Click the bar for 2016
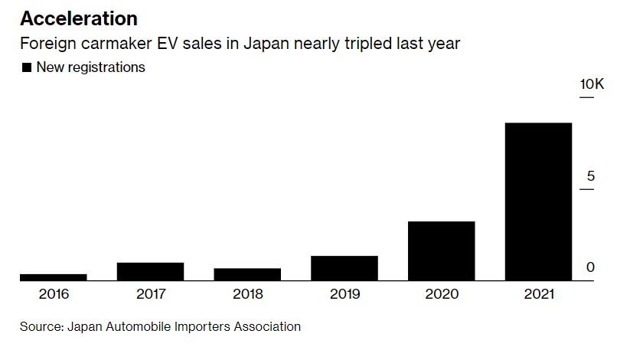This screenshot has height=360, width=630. click(x=53, y=277)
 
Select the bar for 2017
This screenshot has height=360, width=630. click(x=150, y=271)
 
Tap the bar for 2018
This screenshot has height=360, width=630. click(x=247, y=274)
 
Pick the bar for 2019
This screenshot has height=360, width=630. click(x=344, y=268)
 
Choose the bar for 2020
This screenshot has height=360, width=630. click(x=441, y=250)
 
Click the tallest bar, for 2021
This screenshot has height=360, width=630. click(x=538, y=201)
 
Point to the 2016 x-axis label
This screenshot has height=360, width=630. click(x=53, y=294)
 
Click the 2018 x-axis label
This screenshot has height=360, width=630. click(x=247, y=294)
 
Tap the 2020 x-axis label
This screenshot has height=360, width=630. click(x=441, y=294)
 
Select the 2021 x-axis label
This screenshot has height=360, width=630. click(x=538, y=294)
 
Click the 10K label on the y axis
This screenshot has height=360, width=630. click(x=592, y=84)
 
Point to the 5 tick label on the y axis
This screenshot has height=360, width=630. click(x=591, y=176)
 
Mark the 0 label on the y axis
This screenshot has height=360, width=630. click(x=591, y=267)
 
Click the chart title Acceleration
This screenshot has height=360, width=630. click(x=79, y=18)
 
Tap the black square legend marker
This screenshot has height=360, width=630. click(x=27, y=67)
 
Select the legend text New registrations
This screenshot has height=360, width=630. click(x=90, y=67)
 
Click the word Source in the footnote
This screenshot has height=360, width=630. click(x=41, y=326)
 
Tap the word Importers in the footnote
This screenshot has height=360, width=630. click(x=201, y=326)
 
